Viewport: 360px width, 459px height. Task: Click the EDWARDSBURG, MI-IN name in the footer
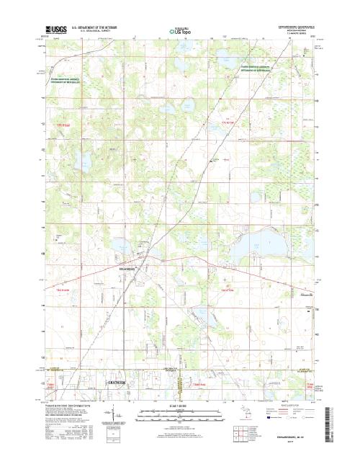292,437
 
